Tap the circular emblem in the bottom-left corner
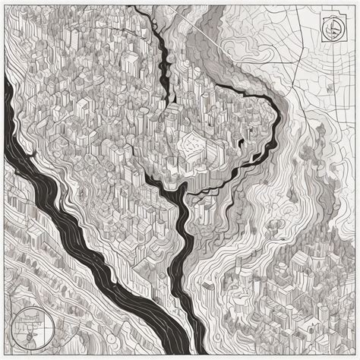pos(28,324)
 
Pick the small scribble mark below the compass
pos(329,87)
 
